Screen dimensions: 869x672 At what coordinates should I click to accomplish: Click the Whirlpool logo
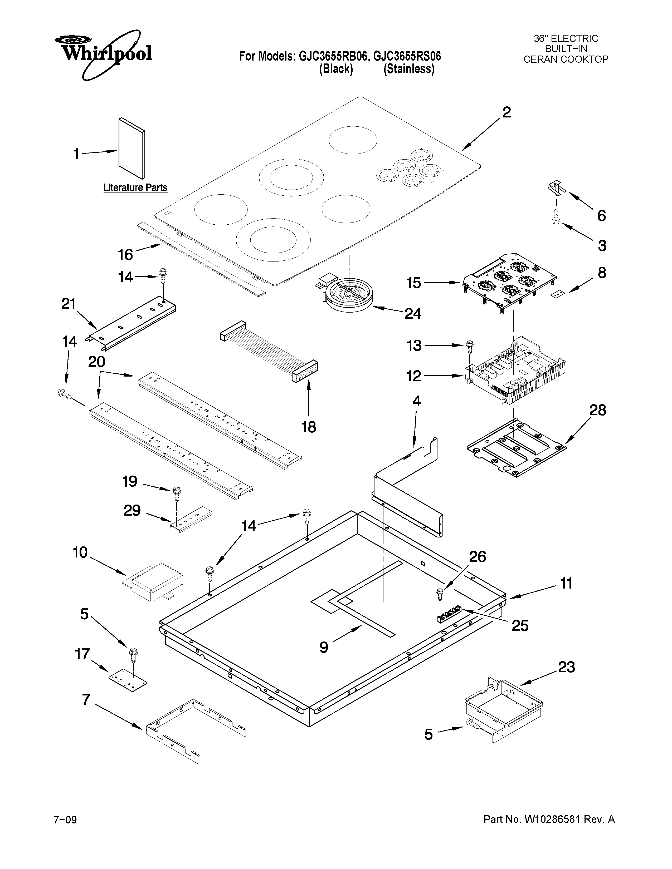point(104,54)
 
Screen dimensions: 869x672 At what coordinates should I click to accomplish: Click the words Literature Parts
point(135,187)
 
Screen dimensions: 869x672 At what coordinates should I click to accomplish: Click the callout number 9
point(324,647)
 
